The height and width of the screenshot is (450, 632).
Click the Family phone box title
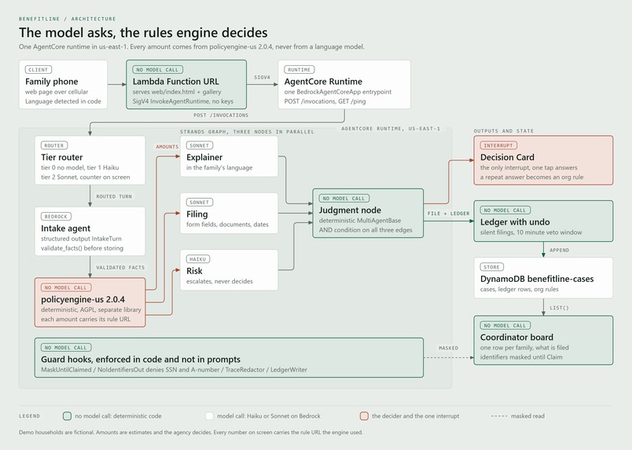point(52,82)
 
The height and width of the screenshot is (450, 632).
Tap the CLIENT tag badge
point(39,70)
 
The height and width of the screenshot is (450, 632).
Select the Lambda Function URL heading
point(176,82)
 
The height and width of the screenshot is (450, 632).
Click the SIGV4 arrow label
point(262,77)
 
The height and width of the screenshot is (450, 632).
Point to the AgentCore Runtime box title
point(323,82)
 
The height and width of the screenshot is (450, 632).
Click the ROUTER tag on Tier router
point(54,145)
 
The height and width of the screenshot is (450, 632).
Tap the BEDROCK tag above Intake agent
point(56,216)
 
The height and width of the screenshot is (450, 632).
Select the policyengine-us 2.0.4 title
point(83,299)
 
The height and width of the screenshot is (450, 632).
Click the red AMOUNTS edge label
point(167,147)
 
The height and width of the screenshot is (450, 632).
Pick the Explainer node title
point(204,157)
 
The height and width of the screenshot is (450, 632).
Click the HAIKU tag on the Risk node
point(198,259)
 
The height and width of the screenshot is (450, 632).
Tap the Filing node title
point(197,214)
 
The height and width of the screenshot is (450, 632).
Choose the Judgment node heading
point(350,210)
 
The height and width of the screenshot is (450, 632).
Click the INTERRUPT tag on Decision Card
point(498,145)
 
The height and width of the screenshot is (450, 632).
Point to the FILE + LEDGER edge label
point(449,214)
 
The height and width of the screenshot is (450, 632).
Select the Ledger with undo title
point(515,222)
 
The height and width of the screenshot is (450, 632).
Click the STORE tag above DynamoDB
point(492,267)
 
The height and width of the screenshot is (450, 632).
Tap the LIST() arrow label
point(560,308)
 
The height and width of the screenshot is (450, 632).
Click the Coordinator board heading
point(516,337)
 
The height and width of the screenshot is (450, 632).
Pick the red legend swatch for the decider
point(364,415)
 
